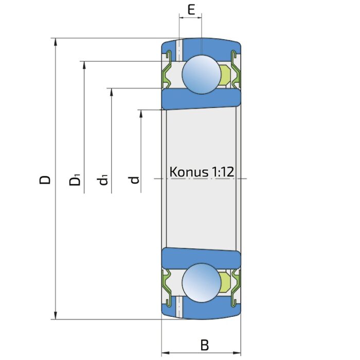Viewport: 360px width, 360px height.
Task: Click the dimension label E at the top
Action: (x=191, y=10)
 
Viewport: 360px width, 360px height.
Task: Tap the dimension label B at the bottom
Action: (x=205, y=345)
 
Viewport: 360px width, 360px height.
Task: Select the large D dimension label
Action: (x=45, y=180)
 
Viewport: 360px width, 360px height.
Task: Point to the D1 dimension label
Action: (x=75, y=180)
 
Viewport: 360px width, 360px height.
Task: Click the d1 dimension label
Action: (x=102, y=180)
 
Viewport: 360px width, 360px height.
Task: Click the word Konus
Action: (x=189, y=172)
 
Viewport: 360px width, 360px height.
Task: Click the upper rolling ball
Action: (x=202, y=74)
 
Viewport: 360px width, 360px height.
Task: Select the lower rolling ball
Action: (x=202, y=283)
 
